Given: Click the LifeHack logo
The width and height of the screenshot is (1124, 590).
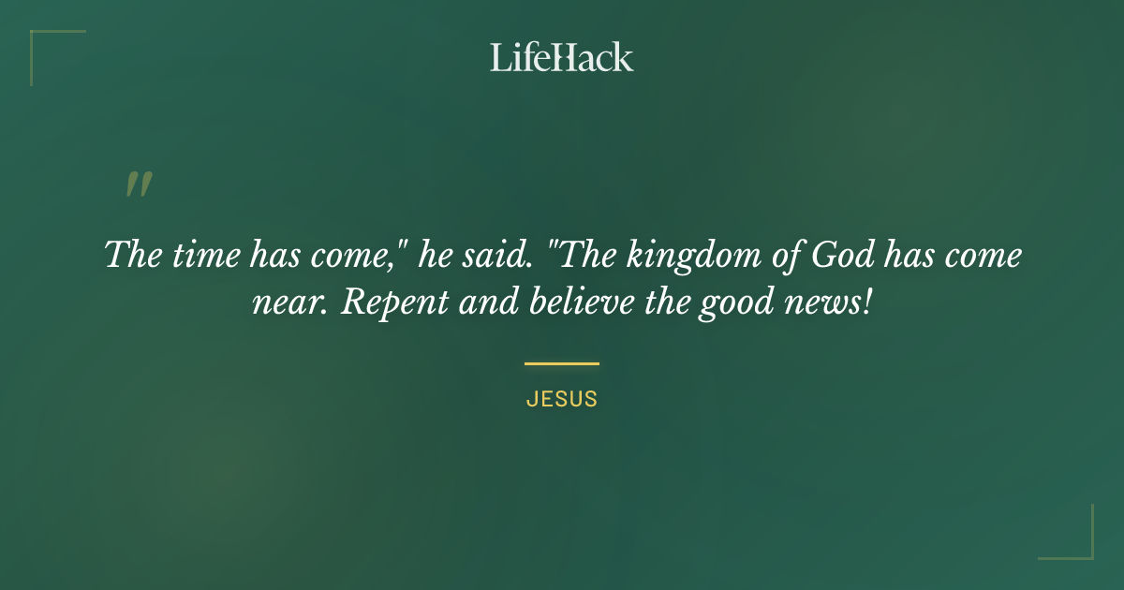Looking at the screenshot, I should click(562, 58).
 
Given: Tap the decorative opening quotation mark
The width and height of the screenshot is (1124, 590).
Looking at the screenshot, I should click(139, 184).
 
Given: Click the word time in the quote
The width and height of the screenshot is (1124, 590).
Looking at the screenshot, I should click(198, 255).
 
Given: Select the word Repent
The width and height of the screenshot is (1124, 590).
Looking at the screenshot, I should click(383, 304).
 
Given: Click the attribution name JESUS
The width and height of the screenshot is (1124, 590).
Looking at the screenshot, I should click(562, 399).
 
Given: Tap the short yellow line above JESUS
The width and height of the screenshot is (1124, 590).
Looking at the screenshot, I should click(562, 363).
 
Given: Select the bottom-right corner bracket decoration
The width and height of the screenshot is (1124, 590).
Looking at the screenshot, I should click(1077, 543).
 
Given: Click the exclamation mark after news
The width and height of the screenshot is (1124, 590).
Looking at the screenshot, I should click(866, 304).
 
